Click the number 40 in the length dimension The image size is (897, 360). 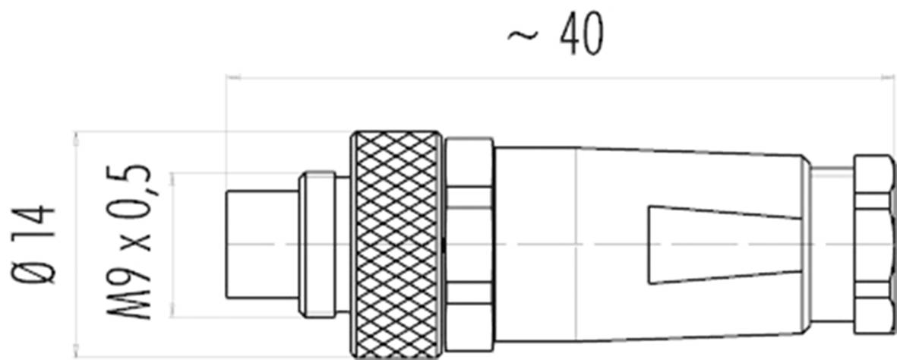point(582,35)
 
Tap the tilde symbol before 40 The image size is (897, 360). point(523,36)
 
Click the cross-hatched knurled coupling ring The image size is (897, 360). point(396,244)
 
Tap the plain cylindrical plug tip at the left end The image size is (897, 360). point(262,244)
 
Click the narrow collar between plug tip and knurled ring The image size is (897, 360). point(317,244)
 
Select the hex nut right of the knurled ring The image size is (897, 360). point(469,244)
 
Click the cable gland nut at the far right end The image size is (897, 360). point(873,244)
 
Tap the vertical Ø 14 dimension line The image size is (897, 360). point(76,244)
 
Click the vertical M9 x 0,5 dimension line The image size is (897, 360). point(173,244)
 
